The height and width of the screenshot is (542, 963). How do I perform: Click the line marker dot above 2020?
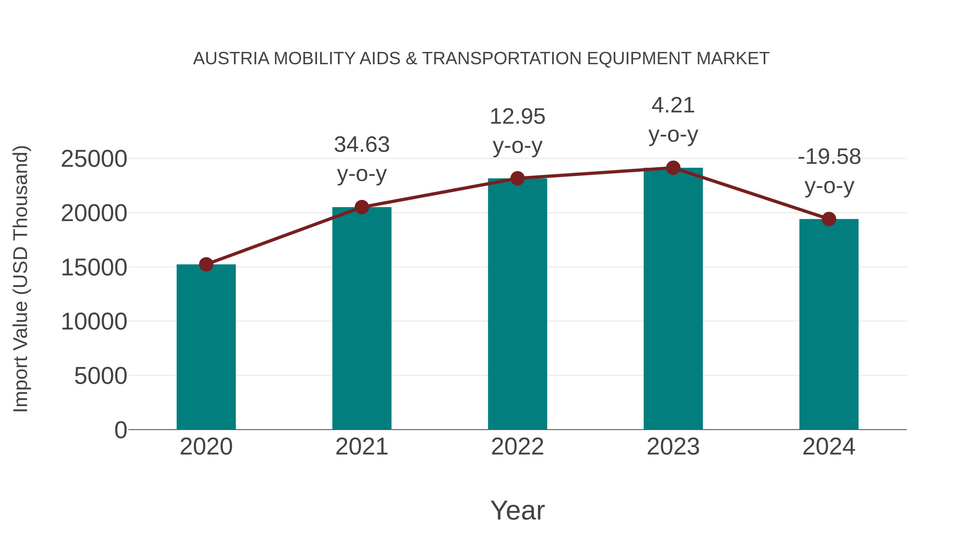click(x=206, y=264)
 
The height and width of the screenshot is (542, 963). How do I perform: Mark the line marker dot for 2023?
click(x=673, y=168)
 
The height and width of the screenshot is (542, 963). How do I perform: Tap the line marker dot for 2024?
click(x=829, y=219)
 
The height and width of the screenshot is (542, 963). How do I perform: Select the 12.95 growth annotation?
click(x=517, y=131)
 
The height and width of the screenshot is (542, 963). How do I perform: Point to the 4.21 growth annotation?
click(x=673, y=120)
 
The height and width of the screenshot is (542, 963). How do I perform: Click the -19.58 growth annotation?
click(x=829, y=171)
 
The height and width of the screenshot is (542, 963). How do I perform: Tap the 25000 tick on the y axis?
click(x=94, y=159)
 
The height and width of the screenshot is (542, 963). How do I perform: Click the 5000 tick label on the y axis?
click(x=101, y=376)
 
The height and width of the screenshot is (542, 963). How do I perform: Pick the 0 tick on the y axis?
click(x=120, y=430)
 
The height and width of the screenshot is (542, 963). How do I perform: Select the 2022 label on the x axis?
click(x=517, y=447)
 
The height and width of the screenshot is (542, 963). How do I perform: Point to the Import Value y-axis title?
click(x=21, y=279)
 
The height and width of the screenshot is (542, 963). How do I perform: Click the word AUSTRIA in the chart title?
click(x=231, y=59)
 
